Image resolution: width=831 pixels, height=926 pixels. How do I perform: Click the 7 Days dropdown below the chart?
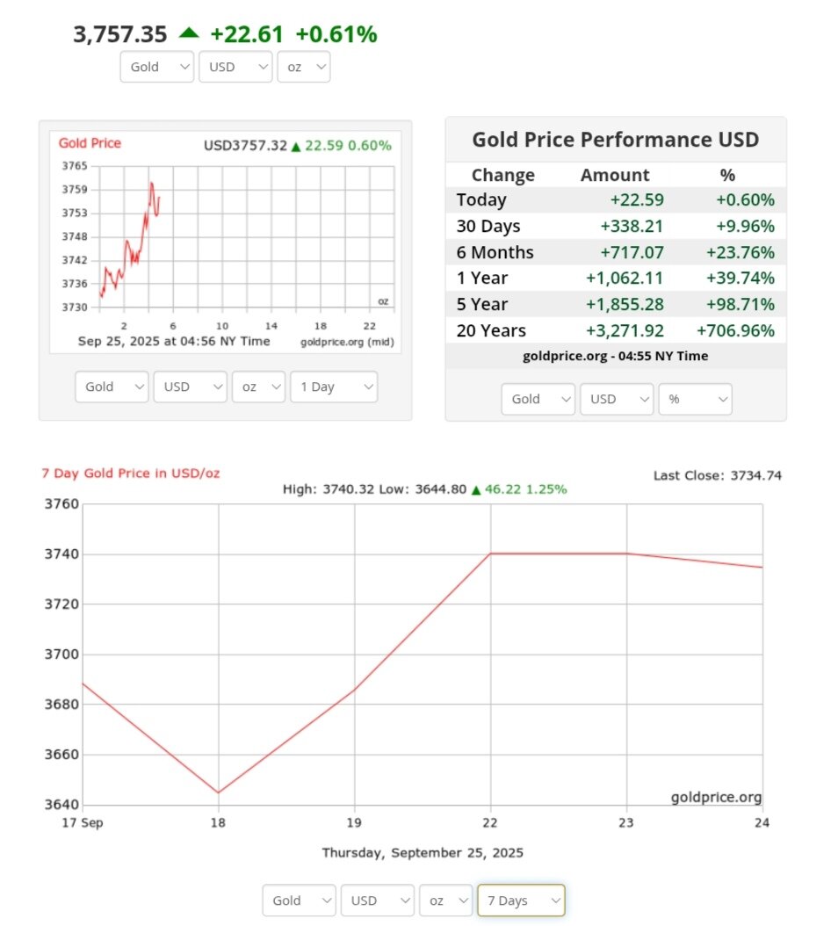(521, 901)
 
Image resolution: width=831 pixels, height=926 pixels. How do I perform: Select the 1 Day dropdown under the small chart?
(333, 387)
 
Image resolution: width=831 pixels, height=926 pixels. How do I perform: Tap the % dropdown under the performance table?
(695, 399)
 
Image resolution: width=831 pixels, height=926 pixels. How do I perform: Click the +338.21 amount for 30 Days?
(632, 227)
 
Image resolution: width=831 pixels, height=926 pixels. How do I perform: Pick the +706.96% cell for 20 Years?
(735, 331)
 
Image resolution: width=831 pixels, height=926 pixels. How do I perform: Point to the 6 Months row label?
(495, 253)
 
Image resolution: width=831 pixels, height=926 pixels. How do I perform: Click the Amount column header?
(615, 175)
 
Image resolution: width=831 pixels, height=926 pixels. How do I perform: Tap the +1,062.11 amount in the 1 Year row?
(625, 279)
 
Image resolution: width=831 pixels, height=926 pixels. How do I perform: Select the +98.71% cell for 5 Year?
(741, 305)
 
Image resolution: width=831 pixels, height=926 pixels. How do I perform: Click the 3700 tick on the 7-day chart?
(62, 655)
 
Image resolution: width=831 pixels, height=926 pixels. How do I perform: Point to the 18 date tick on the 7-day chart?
(218, 823)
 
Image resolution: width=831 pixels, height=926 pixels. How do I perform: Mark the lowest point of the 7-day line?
(218, 792)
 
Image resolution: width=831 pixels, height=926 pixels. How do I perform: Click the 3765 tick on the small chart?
(75, 166)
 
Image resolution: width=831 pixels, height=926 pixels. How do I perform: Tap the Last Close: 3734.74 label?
(717, 475)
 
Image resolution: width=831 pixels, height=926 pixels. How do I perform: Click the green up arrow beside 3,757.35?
(189, 33)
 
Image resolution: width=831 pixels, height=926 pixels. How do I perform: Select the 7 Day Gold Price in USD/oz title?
(131, 474)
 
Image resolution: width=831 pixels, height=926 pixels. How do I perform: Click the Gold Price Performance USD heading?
(615, 140)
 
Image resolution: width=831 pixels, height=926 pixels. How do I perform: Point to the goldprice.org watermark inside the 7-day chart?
(716, 798)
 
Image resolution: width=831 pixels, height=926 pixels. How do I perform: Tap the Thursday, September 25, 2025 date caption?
(423, 853)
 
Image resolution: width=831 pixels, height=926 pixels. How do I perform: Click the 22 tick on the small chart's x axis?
(370, 324)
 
